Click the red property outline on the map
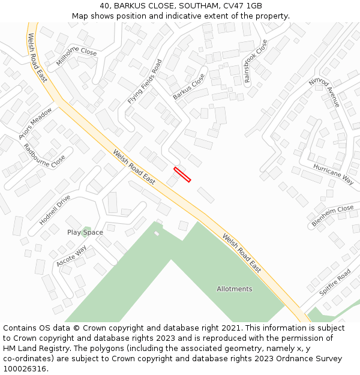(x=182, y=174)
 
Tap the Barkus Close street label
(x=189, y=87)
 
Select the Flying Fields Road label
(x=145, y=82)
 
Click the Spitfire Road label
(x=335, y=282)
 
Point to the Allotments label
(x=235, y=289)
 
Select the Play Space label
(x=85, y=232)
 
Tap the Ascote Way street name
(x=71, y=256)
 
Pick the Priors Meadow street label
(x=35, y=124)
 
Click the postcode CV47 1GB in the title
(x=242, y=5)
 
